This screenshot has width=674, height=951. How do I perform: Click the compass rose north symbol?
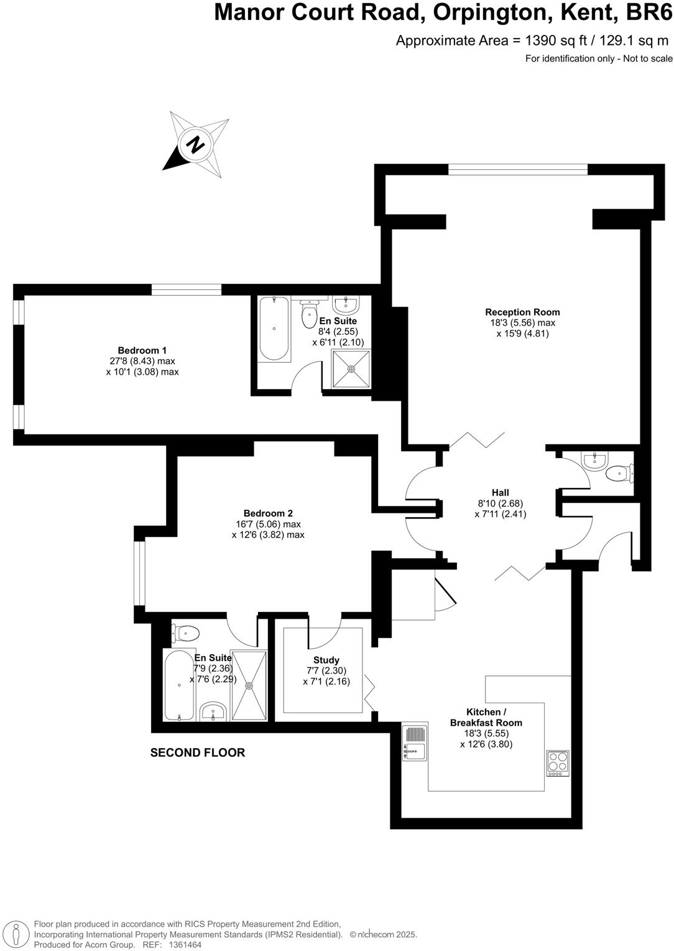pyautogui.click(x=196, y=144)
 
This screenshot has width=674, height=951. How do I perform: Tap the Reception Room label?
pyautogui.click(x=522, y=312)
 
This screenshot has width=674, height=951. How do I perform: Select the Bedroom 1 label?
pyautogui.click(x=142, y=350)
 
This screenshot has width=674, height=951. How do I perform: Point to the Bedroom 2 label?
pyautogui.click(x=268, y=513)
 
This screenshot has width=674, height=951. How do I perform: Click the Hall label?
pyautogui.click(x=500, y=493)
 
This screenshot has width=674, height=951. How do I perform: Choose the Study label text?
pyautogui.click(x=326, y=660)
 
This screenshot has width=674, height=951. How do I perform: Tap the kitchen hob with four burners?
pyautogui.click(x=557, y=763)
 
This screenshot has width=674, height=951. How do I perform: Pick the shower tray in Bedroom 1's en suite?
pyautogui.click(x=351, y=369)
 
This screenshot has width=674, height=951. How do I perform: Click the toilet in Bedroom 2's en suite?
pyautogui.click(x=185, y=634)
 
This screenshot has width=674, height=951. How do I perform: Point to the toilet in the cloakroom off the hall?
pyautogui.click(x=619, y=474)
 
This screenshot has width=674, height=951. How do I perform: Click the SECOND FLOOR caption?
pyautogui.click(x=198, y=752)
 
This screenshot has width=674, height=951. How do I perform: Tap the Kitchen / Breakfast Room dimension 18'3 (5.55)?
pyautogui.click(x=486, y=733)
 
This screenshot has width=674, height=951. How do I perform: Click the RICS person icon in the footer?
pyautogui.click(x=19, y=934)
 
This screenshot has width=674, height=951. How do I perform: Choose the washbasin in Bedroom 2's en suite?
pyautogui.click(x=213, y=711)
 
